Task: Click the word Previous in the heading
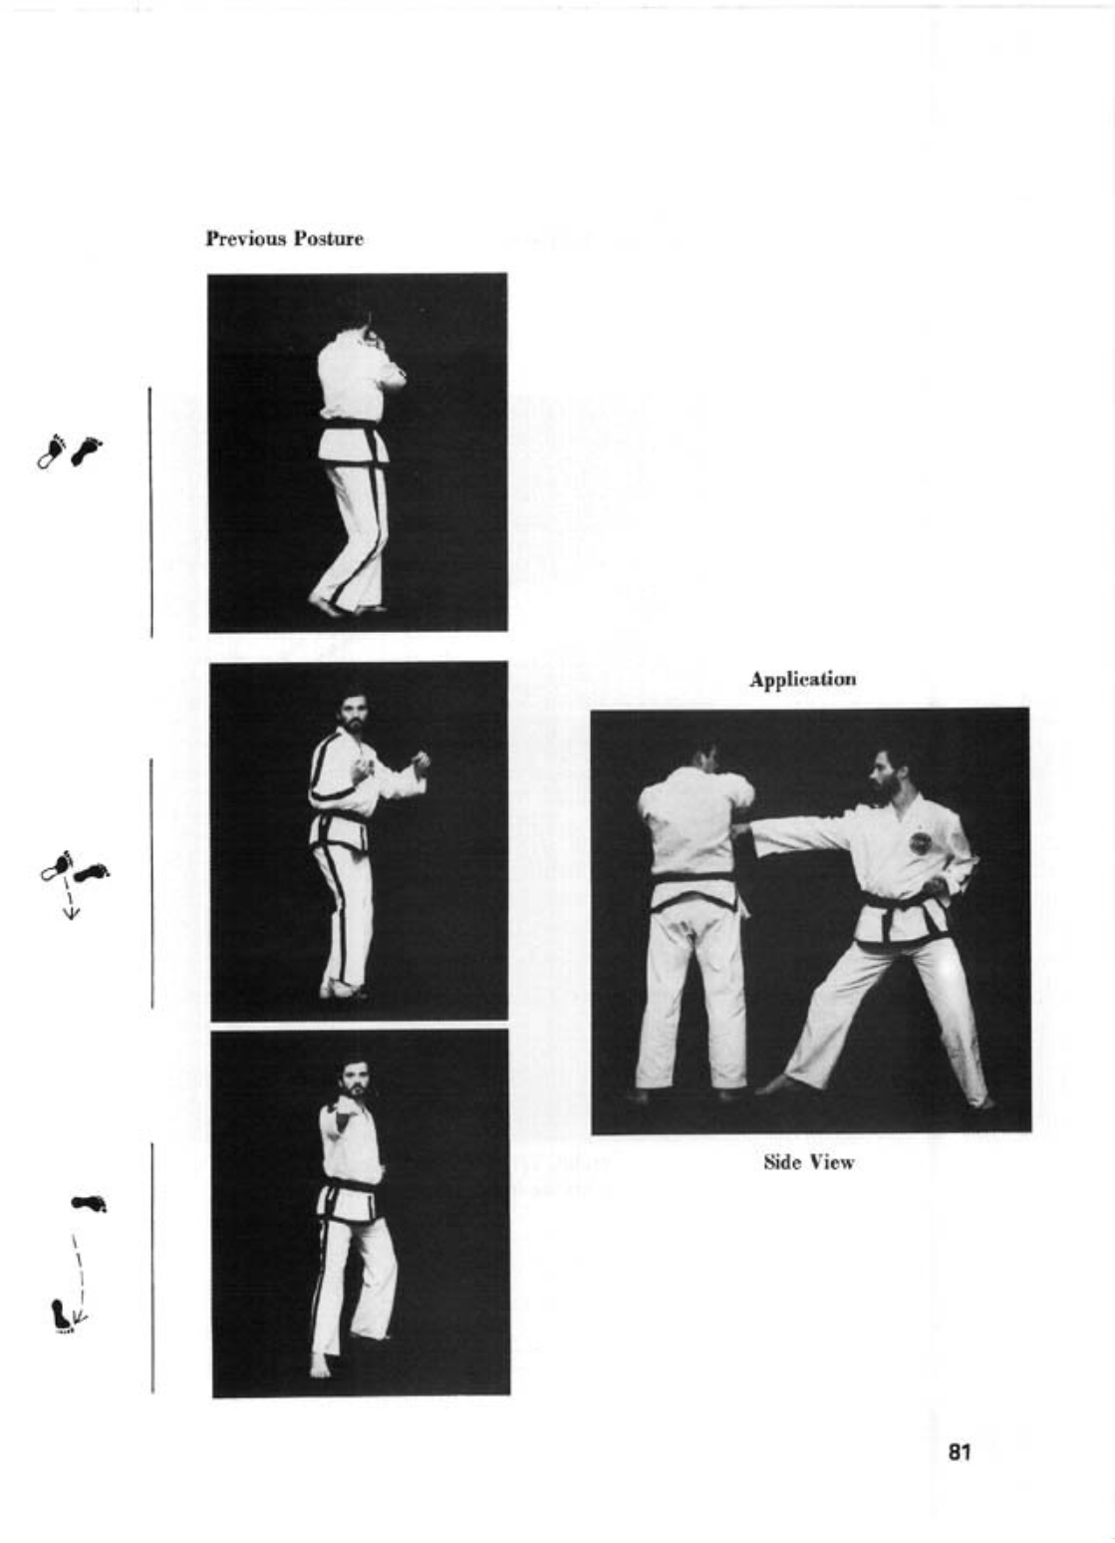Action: (x=246, y=239)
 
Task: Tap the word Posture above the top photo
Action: (x=329, y=239)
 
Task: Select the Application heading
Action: (x=803, y=680)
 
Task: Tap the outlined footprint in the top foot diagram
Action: (x=50, y=452)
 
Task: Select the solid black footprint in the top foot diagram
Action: (x=86, y=450)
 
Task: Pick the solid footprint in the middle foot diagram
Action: (x=93, y=873)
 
